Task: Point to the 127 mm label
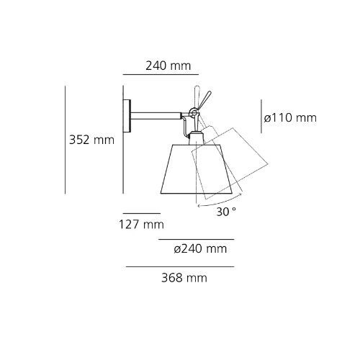pos(141,225)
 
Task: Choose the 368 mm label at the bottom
pos(180,277)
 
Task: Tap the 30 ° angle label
pos(227,212)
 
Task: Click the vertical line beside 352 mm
pos(66,140)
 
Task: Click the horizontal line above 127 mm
pos(141,213)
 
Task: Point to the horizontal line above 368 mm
pos(180,267)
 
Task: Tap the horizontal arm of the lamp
pos(158,113)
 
